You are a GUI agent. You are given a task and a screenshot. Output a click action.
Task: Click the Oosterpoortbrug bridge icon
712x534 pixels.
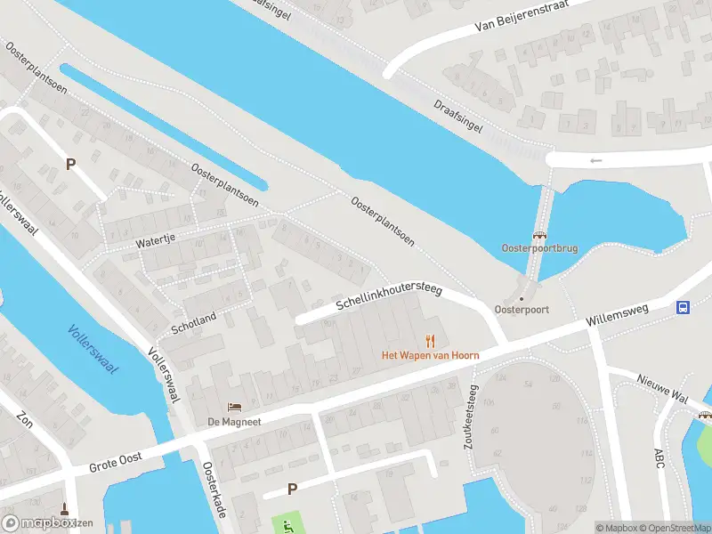point(539,236)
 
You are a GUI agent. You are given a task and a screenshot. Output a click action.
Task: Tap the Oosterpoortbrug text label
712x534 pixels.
point(539,248)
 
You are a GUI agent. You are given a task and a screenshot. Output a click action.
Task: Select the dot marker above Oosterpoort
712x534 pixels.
point(522,299)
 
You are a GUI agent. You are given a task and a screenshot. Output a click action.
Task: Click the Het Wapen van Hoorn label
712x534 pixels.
point(431,355)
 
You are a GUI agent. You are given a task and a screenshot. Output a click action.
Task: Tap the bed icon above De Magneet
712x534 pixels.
point(234,408)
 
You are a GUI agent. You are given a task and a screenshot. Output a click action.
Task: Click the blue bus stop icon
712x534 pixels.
point(683,308)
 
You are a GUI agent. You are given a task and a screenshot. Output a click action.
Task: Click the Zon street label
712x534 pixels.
point(25,420)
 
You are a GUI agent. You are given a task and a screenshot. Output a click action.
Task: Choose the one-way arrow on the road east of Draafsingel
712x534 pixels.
point(595,160)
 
